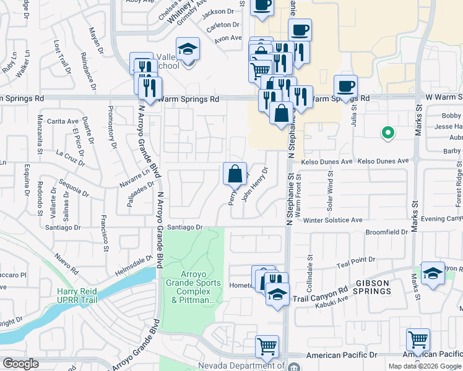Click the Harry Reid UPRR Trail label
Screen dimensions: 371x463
82,296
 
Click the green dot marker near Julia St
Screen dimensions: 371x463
387,132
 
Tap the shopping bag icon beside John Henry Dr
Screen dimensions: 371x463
235,175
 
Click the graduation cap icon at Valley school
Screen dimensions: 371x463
188,49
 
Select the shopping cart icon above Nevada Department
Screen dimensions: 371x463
267,347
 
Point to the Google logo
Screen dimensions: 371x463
20,364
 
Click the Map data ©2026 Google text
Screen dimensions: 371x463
424,366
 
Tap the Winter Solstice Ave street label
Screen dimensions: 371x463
332,220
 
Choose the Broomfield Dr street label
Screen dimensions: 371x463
386,232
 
